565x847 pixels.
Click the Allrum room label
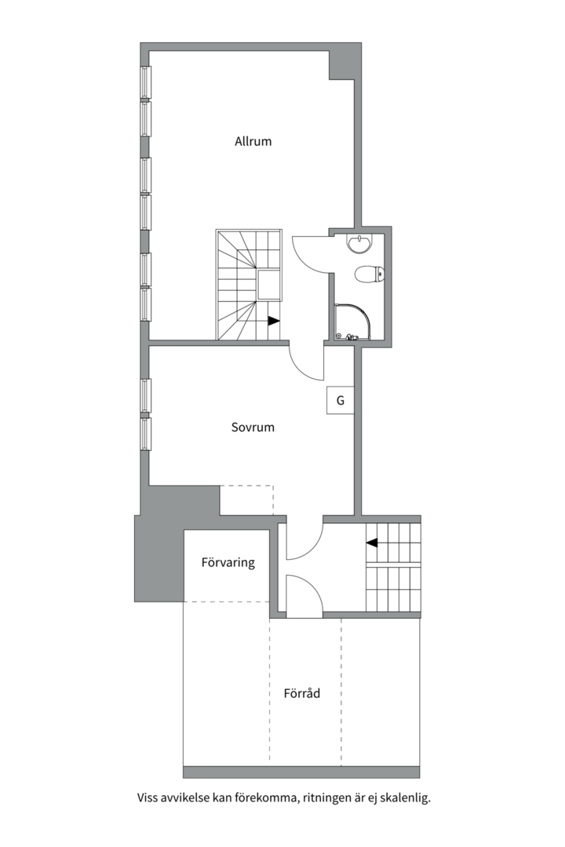253,142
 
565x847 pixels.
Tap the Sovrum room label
253,427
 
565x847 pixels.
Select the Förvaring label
228,562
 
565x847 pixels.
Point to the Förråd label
302,693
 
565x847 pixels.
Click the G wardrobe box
340,401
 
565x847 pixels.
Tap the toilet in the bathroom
368,274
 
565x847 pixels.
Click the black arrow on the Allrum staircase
273,320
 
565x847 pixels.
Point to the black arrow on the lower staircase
372,541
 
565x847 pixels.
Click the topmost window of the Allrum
145,82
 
